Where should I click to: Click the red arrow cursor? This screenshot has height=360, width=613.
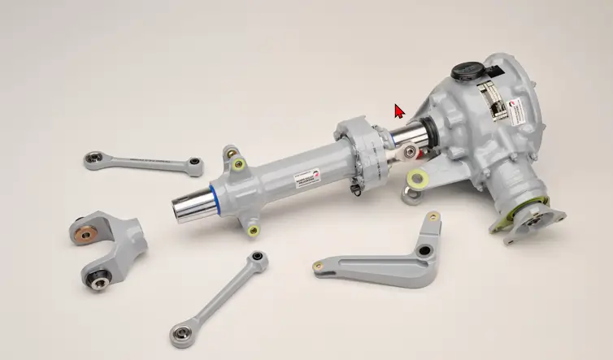pos(399,111)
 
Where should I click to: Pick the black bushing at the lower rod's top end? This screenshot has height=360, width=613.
pos(258,258)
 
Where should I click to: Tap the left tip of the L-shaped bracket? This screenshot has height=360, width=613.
pos(319,266)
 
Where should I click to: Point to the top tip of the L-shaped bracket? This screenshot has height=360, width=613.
pos(434,217)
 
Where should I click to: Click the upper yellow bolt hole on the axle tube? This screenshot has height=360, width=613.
pos(237,165)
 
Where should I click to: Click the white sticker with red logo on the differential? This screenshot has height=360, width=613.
pos(517,111)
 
